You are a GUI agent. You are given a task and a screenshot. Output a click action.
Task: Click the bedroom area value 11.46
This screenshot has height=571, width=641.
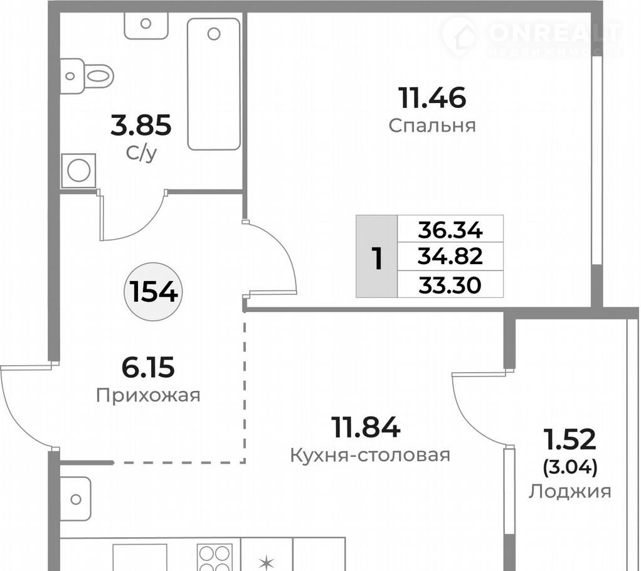point(433,98)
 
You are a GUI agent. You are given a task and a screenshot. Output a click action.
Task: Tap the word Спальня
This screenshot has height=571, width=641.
point(432,125)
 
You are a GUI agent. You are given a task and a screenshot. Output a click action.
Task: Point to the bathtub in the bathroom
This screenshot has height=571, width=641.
point(213,84)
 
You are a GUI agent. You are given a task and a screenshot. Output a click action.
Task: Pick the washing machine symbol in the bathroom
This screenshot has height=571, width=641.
point(78,171)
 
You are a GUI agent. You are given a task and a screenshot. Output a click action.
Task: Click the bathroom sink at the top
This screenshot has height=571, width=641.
point(146,25)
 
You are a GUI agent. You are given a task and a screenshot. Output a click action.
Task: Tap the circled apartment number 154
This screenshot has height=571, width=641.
point(153,292)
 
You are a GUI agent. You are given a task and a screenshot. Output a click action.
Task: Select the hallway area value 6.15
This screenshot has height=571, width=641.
point(148,367)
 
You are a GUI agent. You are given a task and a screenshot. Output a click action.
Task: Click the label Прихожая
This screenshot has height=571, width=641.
point(148,395)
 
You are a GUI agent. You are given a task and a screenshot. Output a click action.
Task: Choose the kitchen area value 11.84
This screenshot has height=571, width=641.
point(366,427)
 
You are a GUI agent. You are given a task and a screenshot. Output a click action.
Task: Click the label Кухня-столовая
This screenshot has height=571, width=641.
point(370,455)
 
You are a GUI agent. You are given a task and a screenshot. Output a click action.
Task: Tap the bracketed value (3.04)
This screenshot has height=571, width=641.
point(570,467)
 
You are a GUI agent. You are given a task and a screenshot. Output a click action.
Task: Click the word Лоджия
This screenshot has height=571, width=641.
point(570,491)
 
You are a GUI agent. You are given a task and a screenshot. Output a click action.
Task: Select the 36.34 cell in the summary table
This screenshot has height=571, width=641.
point(450,229)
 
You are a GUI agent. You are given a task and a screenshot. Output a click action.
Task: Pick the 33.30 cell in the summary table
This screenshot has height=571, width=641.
point(450,285)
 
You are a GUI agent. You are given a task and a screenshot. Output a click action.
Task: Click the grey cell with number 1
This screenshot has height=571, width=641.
point(377,257)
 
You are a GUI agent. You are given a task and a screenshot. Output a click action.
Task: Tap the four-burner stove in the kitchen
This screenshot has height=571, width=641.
point(215,557)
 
